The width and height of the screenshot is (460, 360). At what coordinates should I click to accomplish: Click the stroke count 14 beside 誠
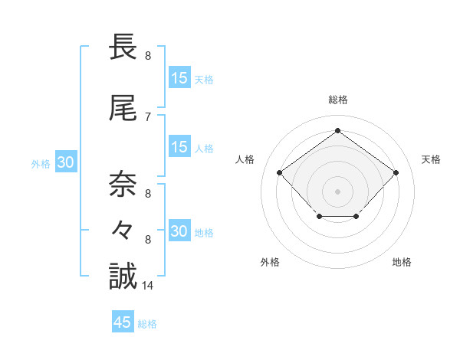tap(148, 286)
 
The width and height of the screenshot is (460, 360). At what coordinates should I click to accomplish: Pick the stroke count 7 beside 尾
tap(148, 116)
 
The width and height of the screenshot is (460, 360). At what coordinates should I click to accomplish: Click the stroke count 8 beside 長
tap(148, 56)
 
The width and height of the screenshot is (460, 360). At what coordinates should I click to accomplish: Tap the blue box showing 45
tap(123, 322)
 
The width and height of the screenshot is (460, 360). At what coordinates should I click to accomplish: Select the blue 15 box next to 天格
tap(179, 78)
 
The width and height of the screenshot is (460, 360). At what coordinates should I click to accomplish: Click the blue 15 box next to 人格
tap(179, 147)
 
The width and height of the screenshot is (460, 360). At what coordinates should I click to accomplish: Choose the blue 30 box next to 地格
tap(179, 231)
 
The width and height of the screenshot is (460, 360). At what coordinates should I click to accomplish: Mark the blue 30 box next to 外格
tap(65, 162)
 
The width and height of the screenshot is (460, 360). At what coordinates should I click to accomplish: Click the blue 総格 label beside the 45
tap(148, 324)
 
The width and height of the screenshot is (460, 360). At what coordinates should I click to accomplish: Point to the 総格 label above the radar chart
tap(337, 100)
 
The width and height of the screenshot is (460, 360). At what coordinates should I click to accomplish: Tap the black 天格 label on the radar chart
tap(431, 159)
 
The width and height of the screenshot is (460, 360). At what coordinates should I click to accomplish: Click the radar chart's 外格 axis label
tap(270, 262)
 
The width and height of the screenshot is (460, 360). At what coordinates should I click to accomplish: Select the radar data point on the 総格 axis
tap(337, 131)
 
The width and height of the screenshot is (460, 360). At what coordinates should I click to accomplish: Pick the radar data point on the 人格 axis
tap(280, 173)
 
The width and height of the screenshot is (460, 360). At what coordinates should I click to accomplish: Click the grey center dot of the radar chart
tap(337, 191)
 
